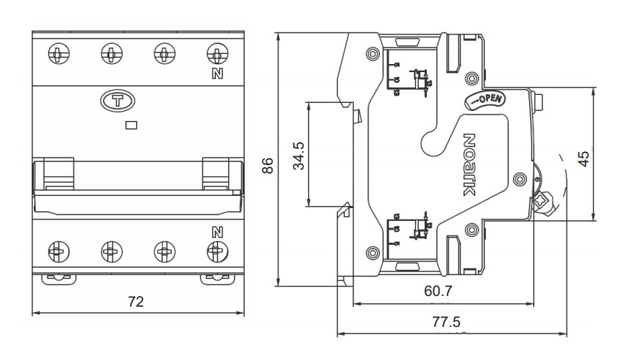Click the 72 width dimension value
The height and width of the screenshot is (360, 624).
point(135,302)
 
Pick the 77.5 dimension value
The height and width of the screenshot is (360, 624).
point(446,322)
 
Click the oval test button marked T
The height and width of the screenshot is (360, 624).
point(115,102)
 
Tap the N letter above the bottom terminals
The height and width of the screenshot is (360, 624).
point(215,232)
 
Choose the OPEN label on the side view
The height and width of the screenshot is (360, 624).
point(489,99)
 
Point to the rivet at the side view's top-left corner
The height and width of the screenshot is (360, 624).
point(371,54)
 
